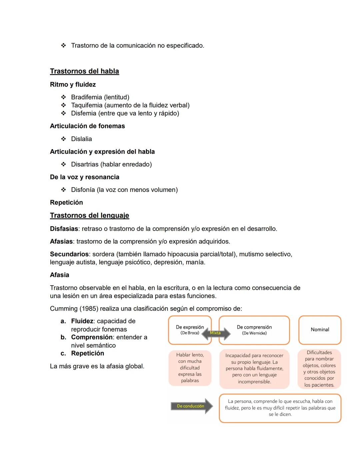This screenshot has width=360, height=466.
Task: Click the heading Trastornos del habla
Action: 84,71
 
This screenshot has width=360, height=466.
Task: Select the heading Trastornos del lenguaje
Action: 89,215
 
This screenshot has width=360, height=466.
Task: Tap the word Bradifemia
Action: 86,97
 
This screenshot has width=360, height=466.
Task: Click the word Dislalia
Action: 81,139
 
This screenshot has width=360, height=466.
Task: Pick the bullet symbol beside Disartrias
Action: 63,164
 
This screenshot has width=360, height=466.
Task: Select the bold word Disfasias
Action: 64,229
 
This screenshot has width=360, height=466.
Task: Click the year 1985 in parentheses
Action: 89,309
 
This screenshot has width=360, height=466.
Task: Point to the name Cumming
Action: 63,309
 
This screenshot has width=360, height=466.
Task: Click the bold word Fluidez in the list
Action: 82,321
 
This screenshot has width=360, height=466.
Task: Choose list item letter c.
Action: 63,353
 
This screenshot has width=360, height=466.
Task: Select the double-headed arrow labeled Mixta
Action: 216,333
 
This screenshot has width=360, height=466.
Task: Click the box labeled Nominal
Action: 320,330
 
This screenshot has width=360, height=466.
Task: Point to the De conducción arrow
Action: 192,406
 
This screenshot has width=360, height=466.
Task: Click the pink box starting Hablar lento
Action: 190,368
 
